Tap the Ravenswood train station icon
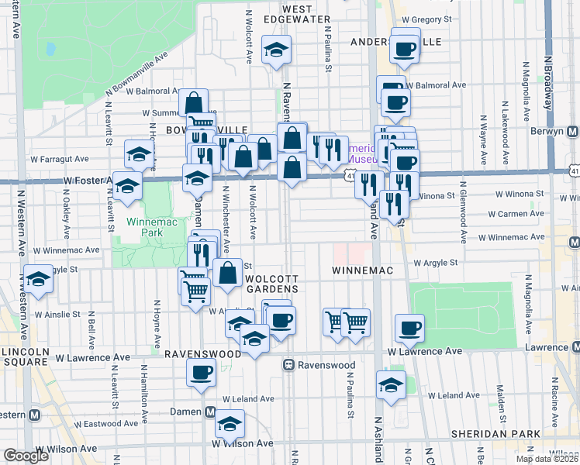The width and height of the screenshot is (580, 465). pos(288,364)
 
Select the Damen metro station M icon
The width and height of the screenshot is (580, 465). pos(210,413)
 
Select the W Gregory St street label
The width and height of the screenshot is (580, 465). pos(426,19)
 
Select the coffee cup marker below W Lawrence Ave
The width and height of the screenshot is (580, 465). pos(201,371)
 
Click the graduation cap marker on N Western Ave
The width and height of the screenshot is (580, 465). pos(38,279)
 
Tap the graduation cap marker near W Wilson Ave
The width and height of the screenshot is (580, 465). pos(230,423)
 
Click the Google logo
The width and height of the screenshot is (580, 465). pos(26,456)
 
